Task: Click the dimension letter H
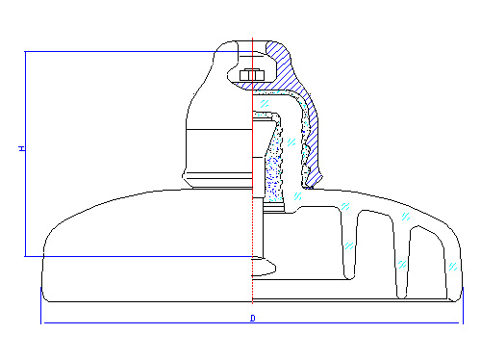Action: pos(22,148)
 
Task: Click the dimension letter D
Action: pos(253,319)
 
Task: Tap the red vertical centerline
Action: pos(253,170)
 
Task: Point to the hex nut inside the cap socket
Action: pos(252,75)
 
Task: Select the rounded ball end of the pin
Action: pos(264,268)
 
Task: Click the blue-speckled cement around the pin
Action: pos(274,170)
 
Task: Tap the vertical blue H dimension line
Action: pos(25,154)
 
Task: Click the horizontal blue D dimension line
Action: pos(252,322)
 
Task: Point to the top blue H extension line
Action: pos(138,51)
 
